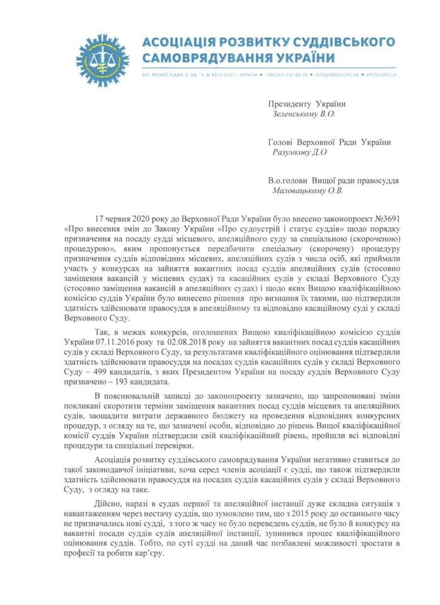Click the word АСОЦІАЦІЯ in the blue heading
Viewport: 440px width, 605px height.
[180, 42]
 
